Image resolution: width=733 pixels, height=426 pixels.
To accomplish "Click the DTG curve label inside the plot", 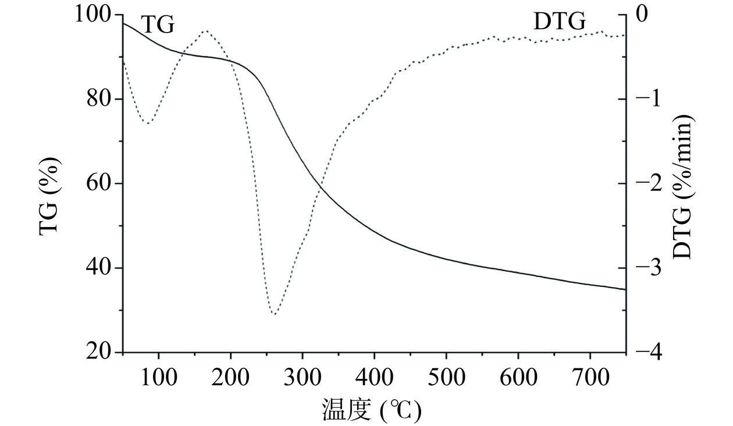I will click(x=559, y=23).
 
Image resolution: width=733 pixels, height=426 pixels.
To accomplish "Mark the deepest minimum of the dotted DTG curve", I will click(x=274, y=314).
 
